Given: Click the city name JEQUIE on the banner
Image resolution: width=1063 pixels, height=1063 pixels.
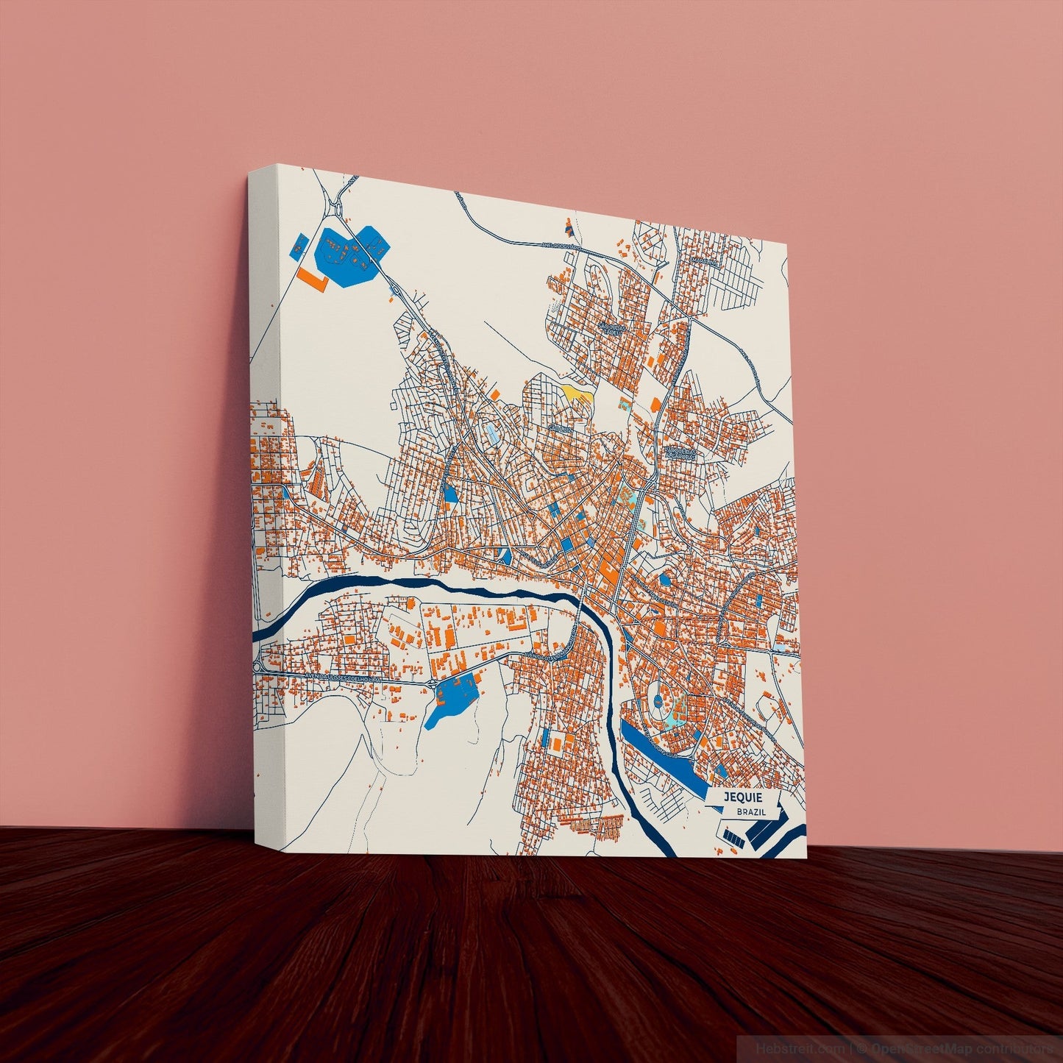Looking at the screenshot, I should (743, 798).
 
